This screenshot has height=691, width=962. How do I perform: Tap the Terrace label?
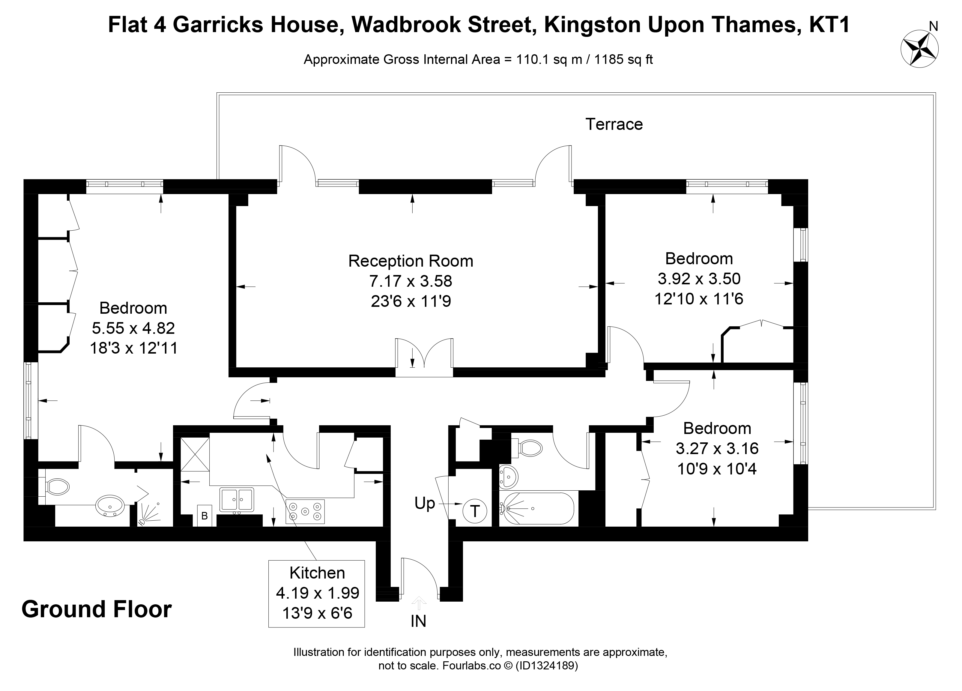[614, 124]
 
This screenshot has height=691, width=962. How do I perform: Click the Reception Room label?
[411, 261]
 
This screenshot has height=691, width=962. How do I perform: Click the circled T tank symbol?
[475, 511]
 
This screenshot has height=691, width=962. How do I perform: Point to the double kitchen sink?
[236, 499]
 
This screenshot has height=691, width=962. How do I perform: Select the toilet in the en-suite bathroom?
[57, 486]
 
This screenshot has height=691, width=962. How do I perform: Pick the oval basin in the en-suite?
[110, 506]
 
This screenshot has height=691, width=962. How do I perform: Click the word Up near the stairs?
[425, 504]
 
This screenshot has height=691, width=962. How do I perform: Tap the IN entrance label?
[418, 621]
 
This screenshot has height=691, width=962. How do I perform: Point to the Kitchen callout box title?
[317, 573]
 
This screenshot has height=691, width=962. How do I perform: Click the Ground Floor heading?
[97, 609]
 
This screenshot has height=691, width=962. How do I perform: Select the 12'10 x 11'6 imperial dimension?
[699, 299]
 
